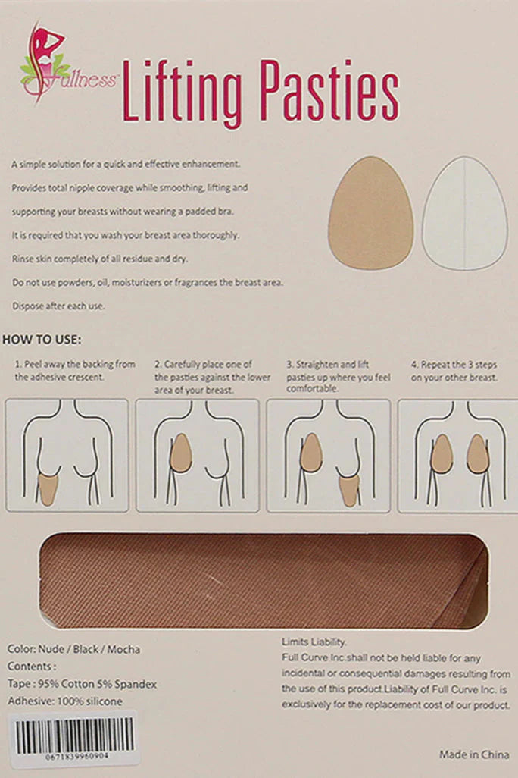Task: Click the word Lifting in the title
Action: [182, 93]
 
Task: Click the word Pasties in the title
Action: [329, 90]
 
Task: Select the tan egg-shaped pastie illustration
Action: [370, 213]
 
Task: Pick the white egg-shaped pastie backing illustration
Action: [464, 213]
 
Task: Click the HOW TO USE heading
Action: [42, 340]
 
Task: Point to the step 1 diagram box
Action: [67, 456]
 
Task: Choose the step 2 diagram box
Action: [198, 456]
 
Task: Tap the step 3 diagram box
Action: [328, 456]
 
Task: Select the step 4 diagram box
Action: [458, 456]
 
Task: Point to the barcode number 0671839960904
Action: [76, 757]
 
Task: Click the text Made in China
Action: [474, 754]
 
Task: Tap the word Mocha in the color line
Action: [123, 649]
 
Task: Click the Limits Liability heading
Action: [314, 642]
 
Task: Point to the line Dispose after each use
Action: [58, 306]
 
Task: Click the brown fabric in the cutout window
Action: [263, 581]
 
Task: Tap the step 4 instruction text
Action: [454, 371]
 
